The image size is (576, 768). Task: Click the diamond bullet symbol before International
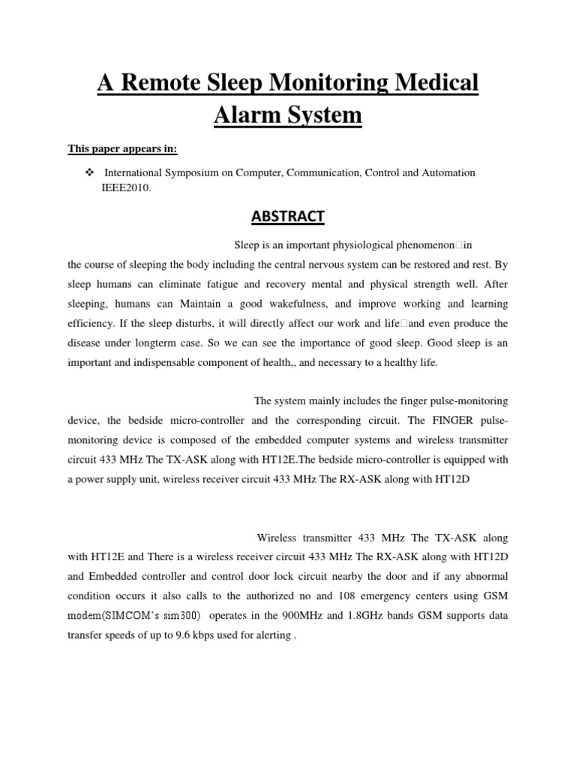89,172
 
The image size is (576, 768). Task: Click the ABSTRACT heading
287,217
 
